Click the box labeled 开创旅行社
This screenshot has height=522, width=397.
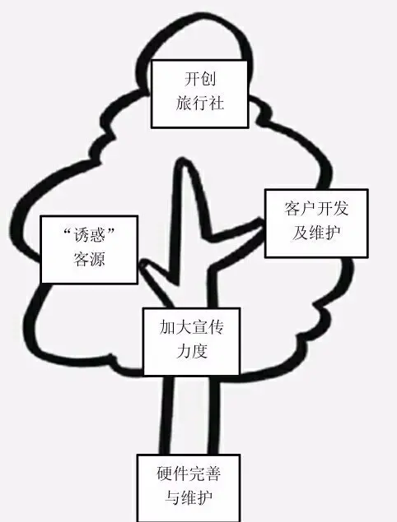point(199,94)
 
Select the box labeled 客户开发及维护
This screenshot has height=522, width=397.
point(316,223)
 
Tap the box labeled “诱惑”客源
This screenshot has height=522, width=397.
point(89,250)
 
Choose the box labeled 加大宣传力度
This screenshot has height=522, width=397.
point(191,342)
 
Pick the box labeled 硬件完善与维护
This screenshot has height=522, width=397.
point(189,488)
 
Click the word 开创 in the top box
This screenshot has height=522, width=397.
point(200,79)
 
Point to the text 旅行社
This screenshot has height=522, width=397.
point(200,103)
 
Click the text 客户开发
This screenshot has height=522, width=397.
point(316,209)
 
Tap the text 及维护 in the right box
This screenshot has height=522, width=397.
point(316,233)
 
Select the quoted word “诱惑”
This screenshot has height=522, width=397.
point(89,235)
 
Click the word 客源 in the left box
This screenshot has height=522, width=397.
point(89,259)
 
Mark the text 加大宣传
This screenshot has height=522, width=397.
point(191,327)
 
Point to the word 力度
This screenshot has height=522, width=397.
point(192,351)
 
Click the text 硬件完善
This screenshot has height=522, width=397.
point(189,473)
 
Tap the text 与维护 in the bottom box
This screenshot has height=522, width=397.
point(189,497)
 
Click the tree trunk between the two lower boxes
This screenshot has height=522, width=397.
point(189,415)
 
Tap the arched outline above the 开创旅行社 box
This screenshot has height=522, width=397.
point(194,30)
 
